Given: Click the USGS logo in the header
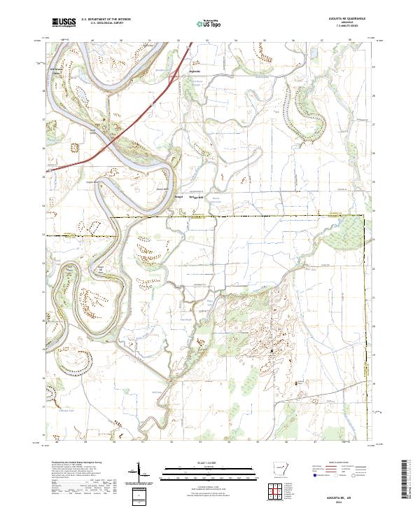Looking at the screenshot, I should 63,22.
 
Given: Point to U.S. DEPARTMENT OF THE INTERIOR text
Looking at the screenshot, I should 106,20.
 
